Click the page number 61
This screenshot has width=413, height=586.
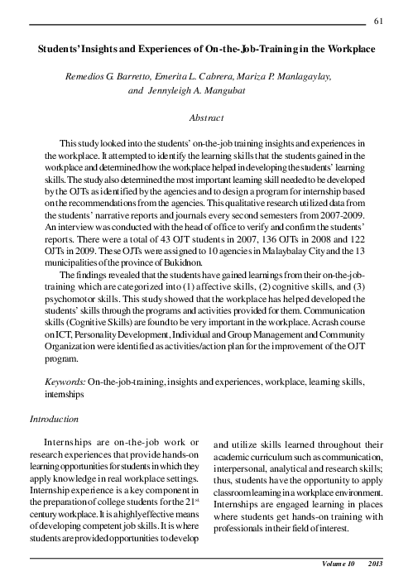click(x=379, y=19)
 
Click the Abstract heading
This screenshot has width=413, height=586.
click(x=206, y=118)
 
